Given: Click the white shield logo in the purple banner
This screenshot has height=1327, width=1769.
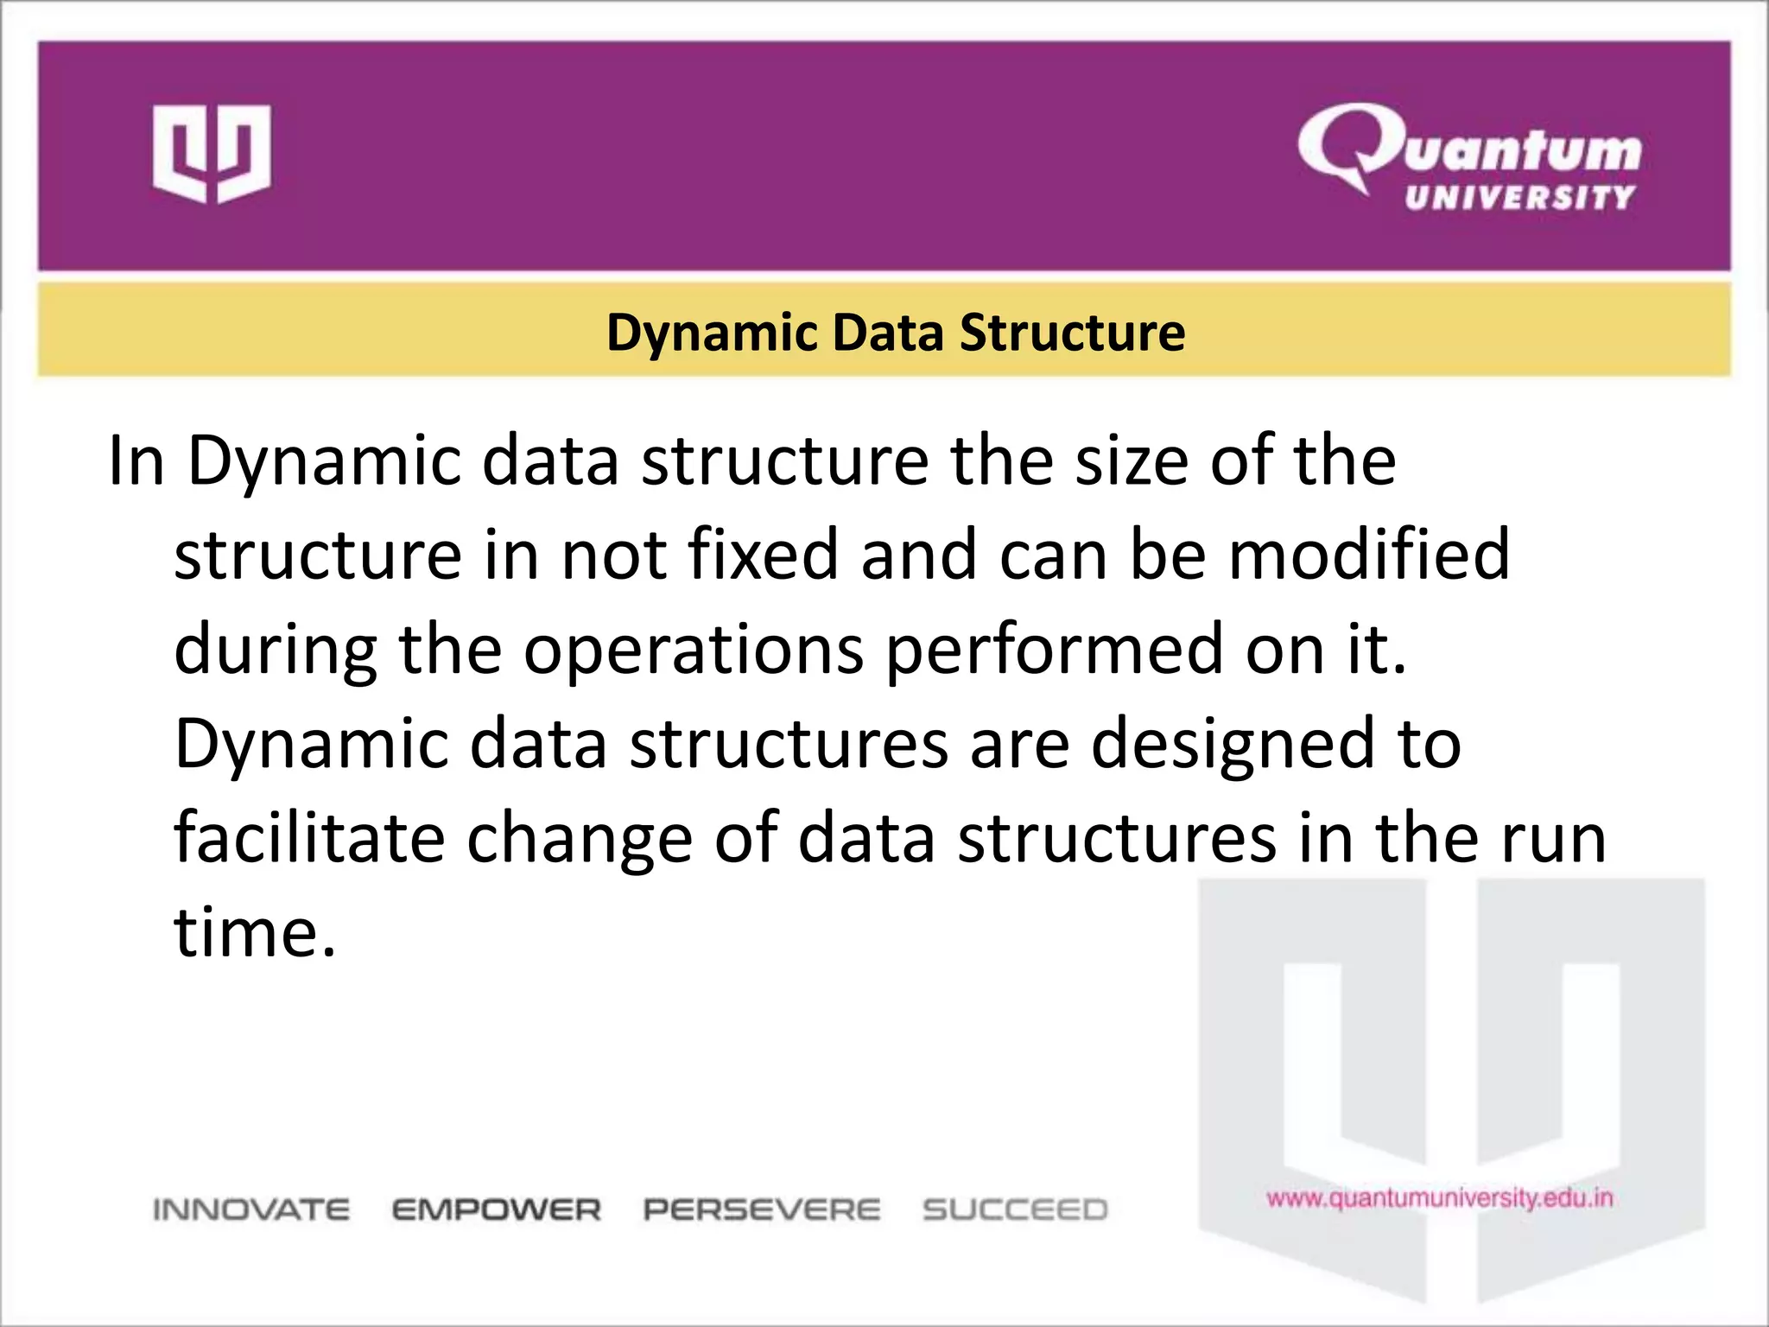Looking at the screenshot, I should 212,154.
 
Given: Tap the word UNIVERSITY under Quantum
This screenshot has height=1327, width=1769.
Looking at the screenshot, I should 1520,198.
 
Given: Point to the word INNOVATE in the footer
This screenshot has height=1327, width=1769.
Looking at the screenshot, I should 251,1210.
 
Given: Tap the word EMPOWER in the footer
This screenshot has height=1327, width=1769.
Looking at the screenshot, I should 497,1210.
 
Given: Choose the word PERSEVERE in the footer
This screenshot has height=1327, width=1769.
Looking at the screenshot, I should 762,1210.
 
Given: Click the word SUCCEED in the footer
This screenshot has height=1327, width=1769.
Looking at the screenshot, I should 1015,1210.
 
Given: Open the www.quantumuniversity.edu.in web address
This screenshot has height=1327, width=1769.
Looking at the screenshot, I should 1440,1198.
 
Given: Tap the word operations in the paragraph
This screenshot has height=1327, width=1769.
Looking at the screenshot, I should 693,650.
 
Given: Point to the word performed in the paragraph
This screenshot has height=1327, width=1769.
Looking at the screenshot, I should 1055,650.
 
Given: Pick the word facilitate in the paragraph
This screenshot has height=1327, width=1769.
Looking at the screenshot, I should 309,837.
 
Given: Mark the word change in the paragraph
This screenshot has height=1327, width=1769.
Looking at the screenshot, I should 580,839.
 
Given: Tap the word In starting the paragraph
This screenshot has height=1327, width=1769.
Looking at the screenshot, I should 136,460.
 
